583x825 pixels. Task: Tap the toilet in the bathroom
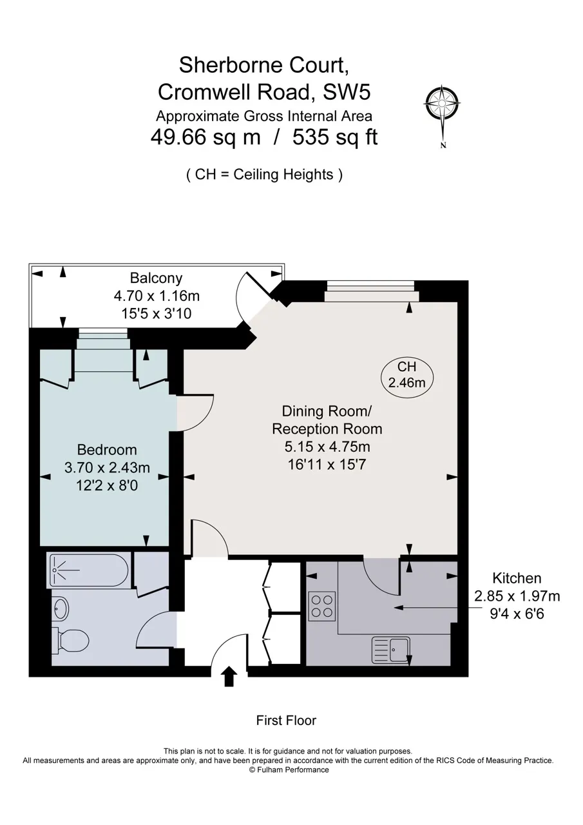(x=70, y=641)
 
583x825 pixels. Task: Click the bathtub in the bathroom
(x=88, y=570)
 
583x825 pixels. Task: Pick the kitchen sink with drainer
(x=390, y=650)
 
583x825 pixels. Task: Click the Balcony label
(x=156, y=278)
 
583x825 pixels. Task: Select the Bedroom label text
(x=107, y=450)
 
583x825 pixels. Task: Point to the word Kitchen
(x=517, y=578)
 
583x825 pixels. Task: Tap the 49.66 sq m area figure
(x=205, y=138)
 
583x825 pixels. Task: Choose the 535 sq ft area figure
(x=335, y=138)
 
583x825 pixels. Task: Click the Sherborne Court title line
(x=263, y=65)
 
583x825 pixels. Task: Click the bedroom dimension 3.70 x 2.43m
(x=107, y=468)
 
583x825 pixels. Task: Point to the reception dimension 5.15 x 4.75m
(x=327, y=447)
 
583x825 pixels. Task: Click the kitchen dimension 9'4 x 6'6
(x=517, y=614)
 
